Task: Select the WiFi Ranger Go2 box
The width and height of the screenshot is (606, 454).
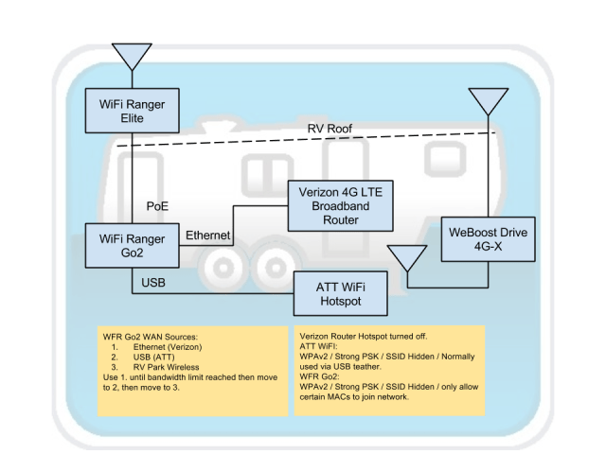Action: click(132, 247)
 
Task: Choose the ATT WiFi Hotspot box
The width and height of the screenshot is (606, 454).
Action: click(340, 293)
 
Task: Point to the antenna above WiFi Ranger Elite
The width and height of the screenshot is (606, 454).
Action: click(132, 54)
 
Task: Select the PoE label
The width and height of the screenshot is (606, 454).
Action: click(157, 205)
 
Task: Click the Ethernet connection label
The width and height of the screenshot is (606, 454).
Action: click(208, 235)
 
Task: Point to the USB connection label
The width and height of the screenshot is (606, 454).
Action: click(153, 282)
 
